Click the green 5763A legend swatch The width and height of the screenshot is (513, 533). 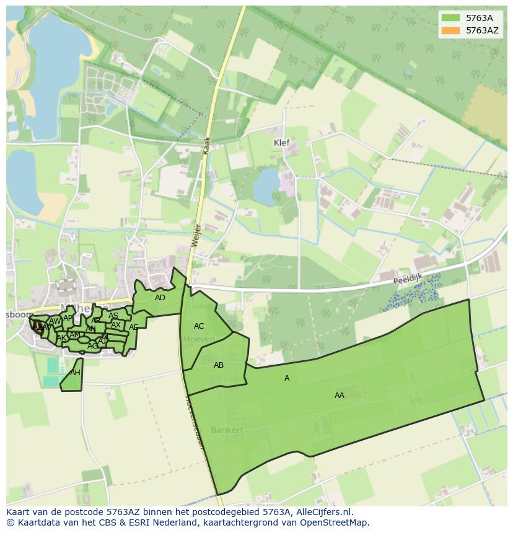[x=450, y=18]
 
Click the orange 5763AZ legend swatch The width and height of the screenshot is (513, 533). [x=450, y=30]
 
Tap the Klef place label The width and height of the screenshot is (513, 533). [x=282, y=142]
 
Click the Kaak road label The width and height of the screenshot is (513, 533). [x=208, y=146]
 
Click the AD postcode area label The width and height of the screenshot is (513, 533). [x=160, y=298]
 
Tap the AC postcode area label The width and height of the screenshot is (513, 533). [x=199, y=326]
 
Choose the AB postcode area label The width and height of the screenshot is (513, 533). [x=219, y=365]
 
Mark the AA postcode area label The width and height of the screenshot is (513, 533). [x=340, y=396]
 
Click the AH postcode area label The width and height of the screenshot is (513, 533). [x=75, y=373]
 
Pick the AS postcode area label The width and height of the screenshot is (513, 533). [x=113, y=316]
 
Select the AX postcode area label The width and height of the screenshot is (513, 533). [x=116, y=325]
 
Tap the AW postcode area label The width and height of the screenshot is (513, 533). [x=55, y=321]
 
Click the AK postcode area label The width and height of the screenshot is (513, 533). [x=61, y=338]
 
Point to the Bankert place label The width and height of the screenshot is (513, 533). [x=227, y=430]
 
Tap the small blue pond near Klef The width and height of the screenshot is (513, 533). [x=266, y=186]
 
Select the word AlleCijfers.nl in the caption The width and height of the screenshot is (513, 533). [x=324, y=512]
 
